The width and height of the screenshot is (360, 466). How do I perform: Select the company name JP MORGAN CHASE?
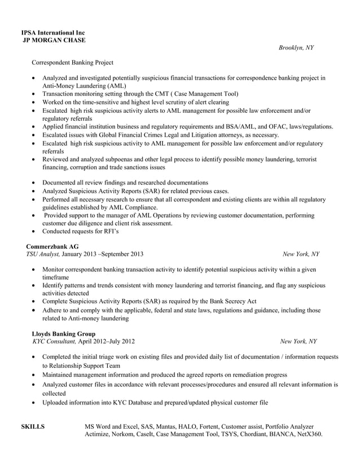[x=54, y=40]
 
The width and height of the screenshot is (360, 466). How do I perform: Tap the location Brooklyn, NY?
[x=296, y=48]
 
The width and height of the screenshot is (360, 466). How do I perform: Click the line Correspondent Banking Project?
[x=72, y=62]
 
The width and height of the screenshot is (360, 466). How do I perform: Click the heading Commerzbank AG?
[x=52, y=247]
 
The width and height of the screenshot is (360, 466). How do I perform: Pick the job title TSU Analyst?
[x=43, y=254]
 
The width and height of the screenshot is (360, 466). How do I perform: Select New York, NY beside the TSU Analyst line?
[x=300, y=254]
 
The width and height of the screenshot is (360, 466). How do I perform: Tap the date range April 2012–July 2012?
[x=106, y=341]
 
